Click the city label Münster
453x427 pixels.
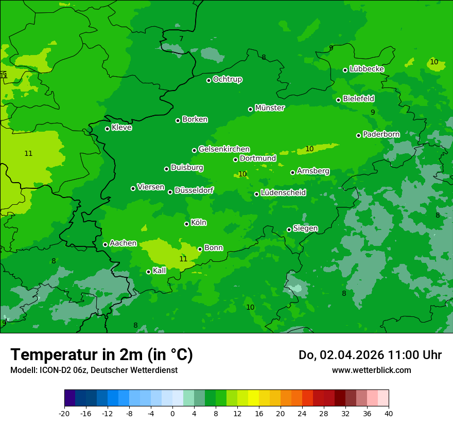(269, 108)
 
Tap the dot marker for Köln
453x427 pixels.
(187, 224)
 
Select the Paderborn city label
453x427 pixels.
(381, 134)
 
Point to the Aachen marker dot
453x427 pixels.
(106, 244)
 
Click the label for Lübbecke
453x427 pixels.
(367, 69)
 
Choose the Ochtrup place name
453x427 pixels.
(227, 79)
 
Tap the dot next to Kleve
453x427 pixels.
(108, 129)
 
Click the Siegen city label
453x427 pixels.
(305, 228)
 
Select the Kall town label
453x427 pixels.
(159, 271)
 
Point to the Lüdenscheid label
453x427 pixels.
(283, 193)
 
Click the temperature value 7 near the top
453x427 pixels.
(181, 39)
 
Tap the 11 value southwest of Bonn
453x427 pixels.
(183, 259)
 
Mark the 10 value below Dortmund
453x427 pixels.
(242, 174)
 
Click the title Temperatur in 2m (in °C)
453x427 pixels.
(101, 354)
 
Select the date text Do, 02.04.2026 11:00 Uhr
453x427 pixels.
(370, 355)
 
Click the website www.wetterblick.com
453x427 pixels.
(371, 370)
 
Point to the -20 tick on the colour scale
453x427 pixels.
(64, 413)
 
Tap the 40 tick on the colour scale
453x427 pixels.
(389, 413)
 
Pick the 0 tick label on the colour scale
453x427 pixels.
(172, 413)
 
